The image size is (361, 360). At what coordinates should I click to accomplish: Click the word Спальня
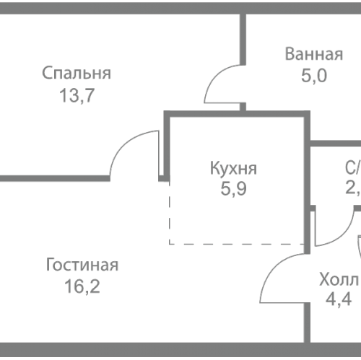click(x=76, y=73)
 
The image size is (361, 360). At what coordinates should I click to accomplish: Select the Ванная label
click(x=313, y=56)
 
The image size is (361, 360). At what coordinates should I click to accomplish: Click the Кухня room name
click(x=232, y=170)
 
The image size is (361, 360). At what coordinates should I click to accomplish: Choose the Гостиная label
click(x=82, y=265)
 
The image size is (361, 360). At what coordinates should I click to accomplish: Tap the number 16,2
click(x=82, y=286)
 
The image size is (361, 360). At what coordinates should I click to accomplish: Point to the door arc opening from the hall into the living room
click(x=271, y=273)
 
